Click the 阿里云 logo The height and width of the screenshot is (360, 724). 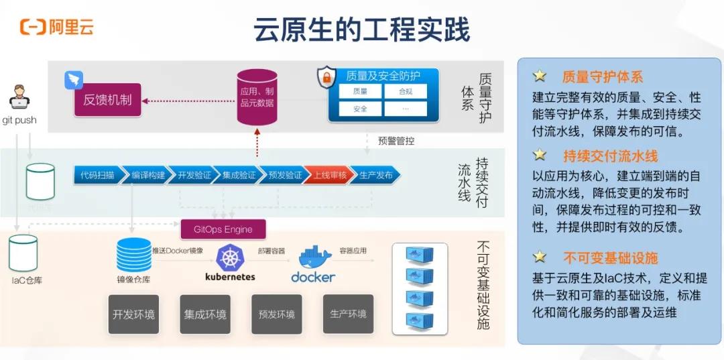pos(57,27)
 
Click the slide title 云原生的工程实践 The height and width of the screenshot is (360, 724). pos(361,30)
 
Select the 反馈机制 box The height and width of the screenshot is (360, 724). pos(107,101)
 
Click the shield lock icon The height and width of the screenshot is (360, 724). pos(326,78)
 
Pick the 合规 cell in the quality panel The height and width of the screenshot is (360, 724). pos(406,91)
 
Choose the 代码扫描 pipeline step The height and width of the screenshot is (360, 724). pos(97,176)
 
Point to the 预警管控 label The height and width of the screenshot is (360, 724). pos(396,141)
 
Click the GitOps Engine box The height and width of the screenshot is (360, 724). pos(223,229)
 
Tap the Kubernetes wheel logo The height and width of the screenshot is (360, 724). pos(229,258)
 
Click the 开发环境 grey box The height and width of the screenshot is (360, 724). pos(133,314)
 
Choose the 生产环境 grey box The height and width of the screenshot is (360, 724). pos(348,314)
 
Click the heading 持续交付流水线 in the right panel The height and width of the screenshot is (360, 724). pos(610,156)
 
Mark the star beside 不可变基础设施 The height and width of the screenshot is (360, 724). pos(540,257)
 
